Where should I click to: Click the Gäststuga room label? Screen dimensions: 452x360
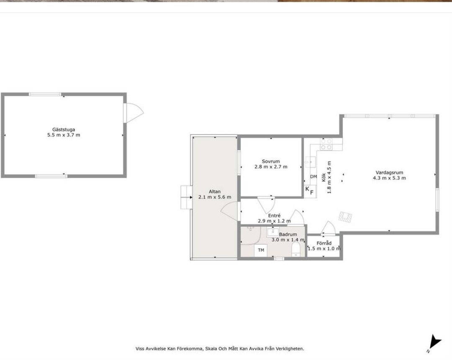pyautogui.click(x=64, y=130)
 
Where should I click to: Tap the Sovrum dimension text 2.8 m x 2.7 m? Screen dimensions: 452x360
pyautogui.click(x=271, y=167)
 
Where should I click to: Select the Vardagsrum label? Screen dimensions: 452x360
pyautogui.click(x=389, y=172)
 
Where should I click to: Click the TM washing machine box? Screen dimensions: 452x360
pyautogui.click(x=261, y=250)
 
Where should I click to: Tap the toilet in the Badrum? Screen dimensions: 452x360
pyautogui.click(x=296, y=249)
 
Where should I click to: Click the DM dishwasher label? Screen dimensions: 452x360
pyautogui.click(x=313, y=177)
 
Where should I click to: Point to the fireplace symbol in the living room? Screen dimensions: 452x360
pyautogui.click(x=345, y=217)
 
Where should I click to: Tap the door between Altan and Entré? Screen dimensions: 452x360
pyautogui.click(x=231, y=211)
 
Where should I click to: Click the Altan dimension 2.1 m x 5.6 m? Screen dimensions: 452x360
pyautogui.click(x=215, y=197)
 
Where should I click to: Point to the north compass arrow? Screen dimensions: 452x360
pyautogui.click(x=434, y=342)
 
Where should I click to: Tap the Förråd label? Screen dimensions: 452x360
pyautogui.click(x=324, y=243)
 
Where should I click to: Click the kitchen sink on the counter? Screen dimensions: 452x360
pyautogui.click(x=311, y=162)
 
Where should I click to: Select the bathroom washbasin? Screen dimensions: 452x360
pyautogui.click(x=273, y=232)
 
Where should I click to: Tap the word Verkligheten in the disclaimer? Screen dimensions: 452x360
pyautogui.click(x=290, y=349)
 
